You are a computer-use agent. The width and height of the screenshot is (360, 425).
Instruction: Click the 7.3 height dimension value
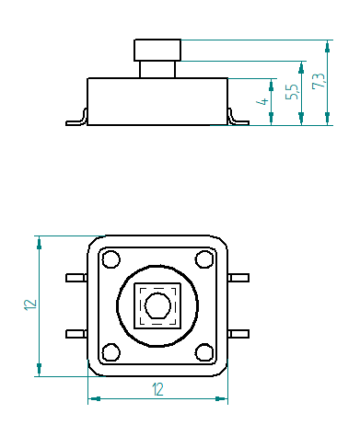[x=319, y=81]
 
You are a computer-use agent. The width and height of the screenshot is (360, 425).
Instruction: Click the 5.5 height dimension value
[x=292, y=92]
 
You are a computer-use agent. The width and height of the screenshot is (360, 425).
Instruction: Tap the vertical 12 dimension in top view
[x=29, y=304]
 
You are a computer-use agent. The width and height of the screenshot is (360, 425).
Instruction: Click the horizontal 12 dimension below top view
[x=157, y=390]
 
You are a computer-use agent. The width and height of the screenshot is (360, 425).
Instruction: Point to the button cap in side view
[x=157, y=50]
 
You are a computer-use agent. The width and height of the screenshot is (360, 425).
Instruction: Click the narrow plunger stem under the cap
[x=157, y=69]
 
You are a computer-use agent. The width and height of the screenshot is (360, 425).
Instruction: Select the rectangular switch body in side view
[x=157, y=100]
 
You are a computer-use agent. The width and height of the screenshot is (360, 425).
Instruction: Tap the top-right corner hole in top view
[x=203, y=258]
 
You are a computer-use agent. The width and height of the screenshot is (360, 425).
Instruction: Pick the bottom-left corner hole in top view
[x=110, y=350]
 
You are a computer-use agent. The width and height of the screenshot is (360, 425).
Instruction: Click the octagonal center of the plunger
[x=157, y=304]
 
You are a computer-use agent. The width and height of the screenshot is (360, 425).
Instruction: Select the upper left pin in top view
[x=76, y=277]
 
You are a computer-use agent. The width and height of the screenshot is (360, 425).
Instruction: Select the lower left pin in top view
[x=76, y=333]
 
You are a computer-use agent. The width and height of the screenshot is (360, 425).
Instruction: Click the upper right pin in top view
[x=238, y=277]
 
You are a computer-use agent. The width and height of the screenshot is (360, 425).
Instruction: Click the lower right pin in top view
[x=238, y=333]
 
